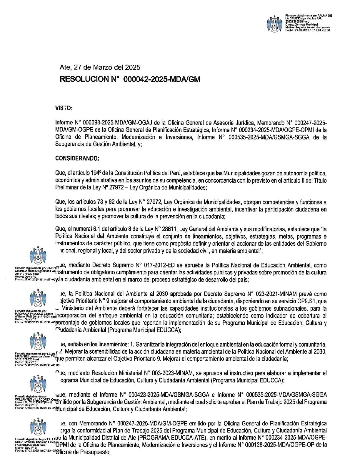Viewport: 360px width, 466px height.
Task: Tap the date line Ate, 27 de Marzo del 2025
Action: [100, 67]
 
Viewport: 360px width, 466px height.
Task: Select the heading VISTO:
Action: [64, 108]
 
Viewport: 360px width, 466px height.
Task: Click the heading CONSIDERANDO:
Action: [77, 158]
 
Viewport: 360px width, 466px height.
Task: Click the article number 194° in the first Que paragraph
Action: [96, 173]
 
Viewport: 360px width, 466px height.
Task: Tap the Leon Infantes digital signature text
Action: [35, 359]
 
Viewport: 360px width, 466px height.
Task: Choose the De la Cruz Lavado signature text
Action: [35, 445]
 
